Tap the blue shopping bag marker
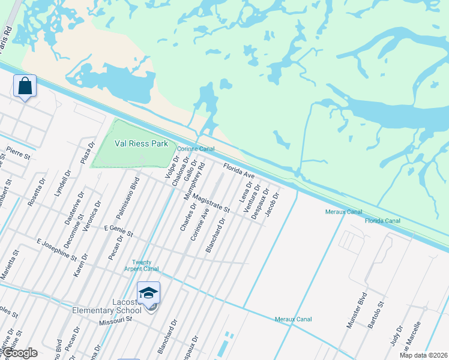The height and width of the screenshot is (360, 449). coord(25,86)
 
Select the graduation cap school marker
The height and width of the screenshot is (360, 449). coord(148,293)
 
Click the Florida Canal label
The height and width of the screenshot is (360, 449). coord(382,221)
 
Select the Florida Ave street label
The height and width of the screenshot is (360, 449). coord(240,171)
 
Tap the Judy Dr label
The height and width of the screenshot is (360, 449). coord(396,335)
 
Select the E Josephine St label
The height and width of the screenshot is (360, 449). coord(56,250)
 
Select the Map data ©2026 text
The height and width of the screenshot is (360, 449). coord(423,355)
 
